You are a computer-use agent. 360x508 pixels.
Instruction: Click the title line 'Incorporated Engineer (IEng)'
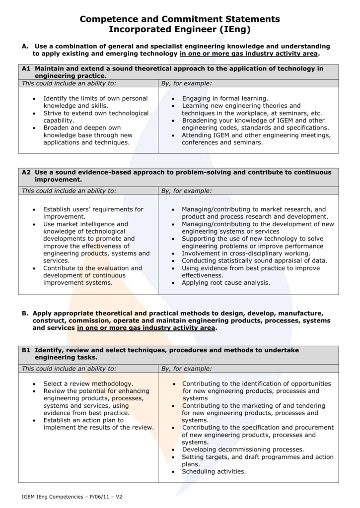(180, 30)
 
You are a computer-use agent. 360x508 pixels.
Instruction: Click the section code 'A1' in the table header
(27, 68)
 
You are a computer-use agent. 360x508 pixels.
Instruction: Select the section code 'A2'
(27, 172)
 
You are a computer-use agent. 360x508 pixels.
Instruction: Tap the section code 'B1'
(27, 350)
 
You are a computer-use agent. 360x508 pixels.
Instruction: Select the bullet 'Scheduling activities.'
(214, 471)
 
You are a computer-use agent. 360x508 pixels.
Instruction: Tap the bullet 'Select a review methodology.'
(88, 383)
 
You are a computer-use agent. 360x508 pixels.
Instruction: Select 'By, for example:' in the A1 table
(187, 83)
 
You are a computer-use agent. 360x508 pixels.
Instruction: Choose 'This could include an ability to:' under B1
(69, 369)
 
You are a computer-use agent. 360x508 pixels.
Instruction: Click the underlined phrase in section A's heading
(249, 54)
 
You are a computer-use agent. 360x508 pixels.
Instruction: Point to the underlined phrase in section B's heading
(146, 328)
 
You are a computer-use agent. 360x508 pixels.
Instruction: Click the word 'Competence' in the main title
(108, 19)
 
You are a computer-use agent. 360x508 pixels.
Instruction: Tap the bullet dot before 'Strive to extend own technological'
(34, 113)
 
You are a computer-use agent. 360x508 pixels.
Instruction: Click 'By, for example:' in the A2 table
(187, 190)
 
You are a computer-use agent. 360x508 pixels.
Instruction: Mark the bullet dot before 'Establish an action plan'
(34, 420)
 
